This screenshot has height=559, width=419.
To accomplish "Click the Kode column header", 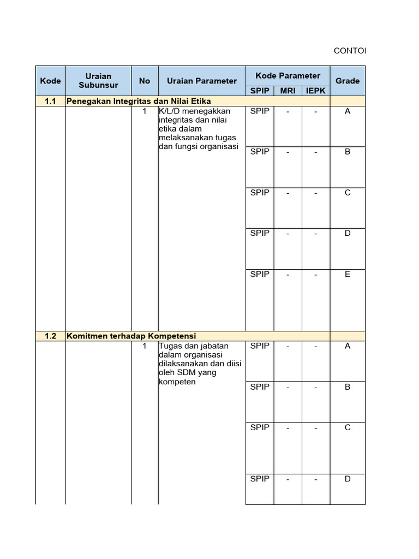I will tap(50, 81).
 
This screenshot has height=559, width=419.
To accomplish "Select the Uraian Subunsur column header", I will tap(98, 80).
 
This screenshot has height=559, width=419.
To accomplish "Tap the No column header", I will tap(145, 81).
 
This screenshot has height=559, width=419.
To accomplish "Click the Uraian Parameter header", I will tap(202, 81).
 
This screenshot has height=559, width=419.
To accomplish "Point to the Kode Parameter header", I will tap(288, 75).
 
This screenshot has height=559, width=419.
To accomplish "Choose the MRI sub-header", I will tap(288, 91).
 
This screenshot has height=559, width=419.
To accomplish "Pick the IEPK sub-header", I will tap(315, 91).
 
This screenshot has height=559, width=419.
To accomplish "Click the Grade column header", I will tap(348, 81).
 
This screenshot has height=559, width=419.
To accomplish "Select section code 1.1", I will tap(50, 101).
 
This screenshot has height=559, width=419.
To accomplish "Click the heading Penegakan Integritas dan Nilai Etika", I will tap(139, 101).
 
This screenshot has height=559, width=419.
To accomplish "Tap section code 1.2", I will tap(50, 336).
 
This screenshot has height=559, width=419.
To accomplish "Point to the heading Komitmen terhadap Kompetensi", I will tap(131, 336).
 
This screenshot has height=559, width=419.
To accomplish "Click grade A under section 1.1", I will tap(348, 111).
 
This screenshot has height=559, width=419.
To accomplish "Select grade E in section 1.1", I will tap(348, 274).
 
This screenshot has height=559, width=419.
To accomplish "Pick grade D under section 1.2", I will tap(348, 479).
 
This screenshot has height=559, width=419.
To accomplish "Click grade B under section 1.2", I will tap(348, 386).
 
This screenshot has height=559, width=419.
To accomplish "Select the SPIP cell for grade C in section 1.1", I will tap(260, 193).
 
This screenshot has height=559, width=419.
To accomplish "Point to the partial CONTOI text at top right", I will tap(349, 51).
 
